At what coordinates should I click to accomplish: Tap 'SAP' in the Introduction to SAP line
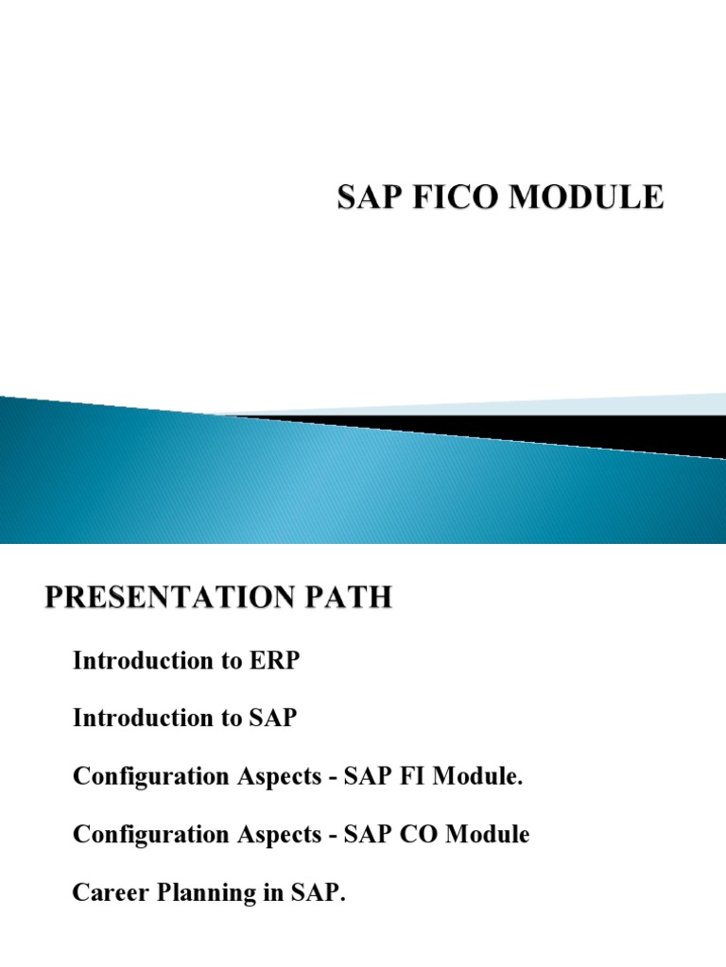pos(273,719)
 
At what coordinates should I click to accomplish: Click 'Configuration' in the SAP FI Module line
pos(148,776)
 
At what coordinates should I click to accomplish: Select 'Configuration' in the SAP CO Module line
pos(148,835)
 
